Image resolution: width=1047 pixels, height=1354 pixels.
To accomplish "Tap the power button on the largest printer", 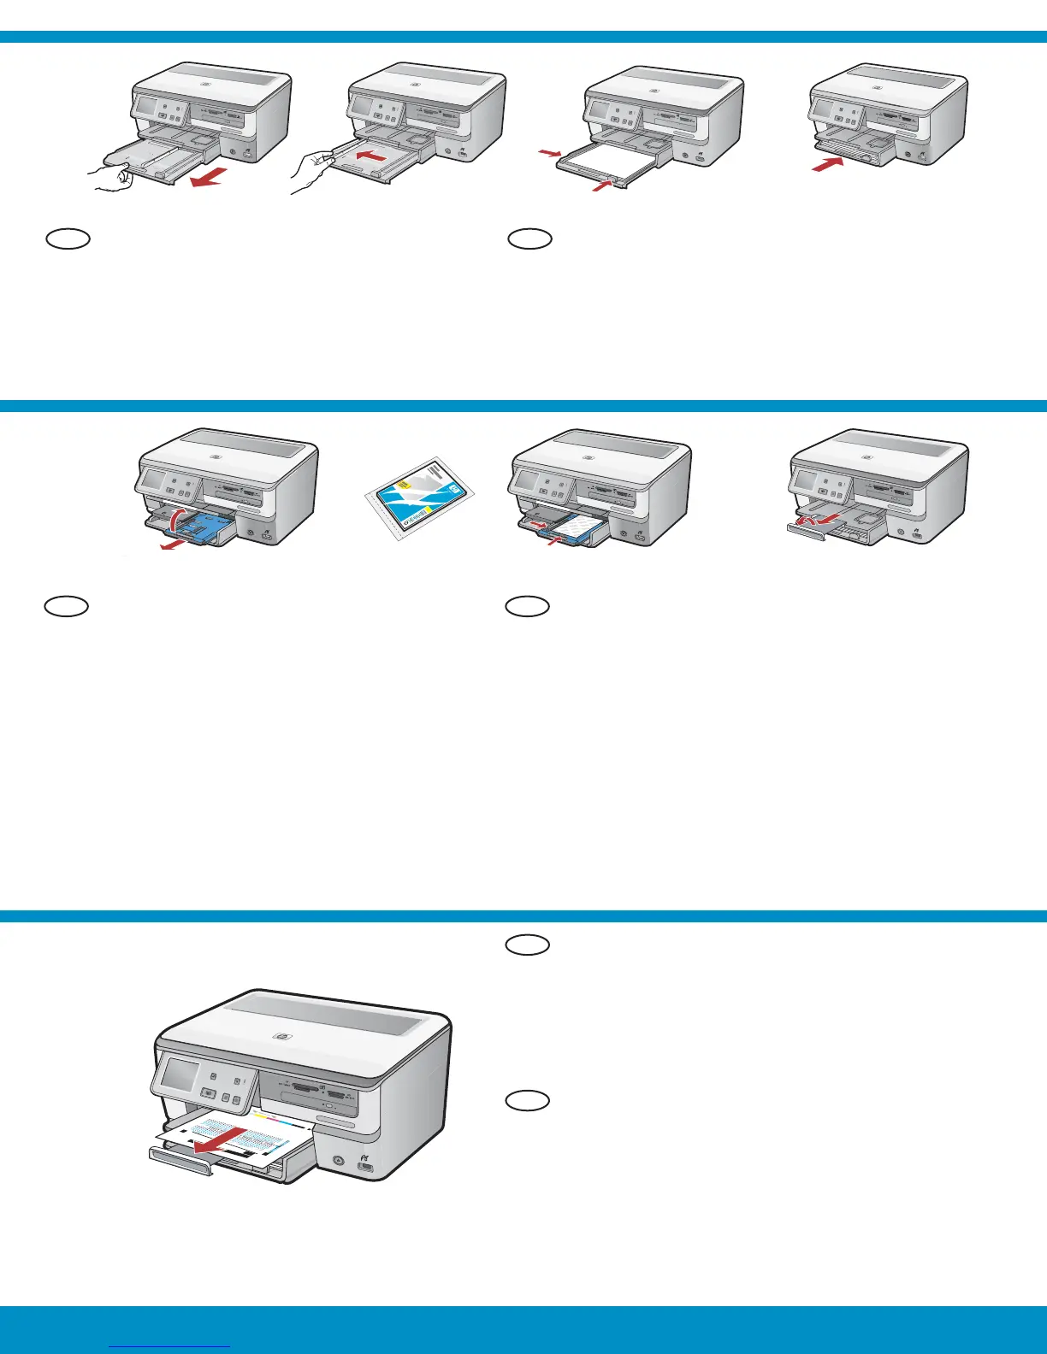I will (338, 1162).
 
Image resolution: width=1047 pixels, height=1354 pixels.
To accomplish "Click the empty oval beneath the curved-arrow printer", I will (68, 606).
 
